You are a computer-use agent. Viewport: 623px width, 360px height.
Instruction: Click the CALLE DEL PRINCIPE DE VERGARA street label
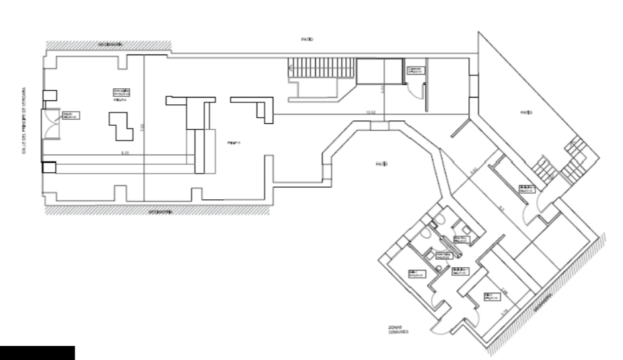22,119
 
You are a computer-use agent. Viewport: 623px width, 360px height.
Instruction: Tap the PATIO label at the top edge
307,40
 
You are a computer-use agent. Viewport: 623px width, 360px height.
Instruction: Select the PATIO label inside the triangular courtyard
525,112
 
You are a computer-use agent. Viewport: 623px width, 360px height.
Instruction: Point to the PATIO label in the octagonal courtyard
381,164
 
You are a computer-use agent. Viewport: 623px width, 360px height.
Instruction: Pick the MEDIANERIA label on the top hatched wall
110,44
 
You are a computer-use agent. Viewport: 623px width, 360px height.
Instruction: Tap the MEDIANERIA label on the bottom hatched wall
160,211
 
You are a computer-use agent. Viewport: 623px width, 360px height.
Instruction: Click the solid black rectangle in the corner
37,353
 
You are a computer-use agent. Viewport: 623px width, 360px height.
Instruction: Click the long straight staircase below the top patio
322,68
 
